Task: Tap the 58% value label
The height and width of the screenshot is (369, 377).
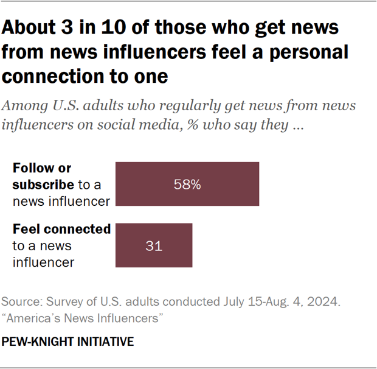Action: tap(187, 184)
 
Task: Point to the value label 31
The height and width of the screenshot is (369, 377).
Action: tap(154, 245)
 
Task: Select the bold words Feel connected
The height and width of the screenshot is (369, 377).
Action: tap(61, 230)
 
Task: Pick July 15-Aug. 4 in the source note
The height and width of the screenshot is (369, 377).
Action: tap(272, 301)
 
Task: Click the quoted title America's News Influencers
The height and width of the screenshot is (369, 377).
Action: tap(82, 317)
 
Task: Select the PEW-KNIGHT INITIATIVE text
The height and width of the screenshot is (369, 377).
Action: tap(67, 342)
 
